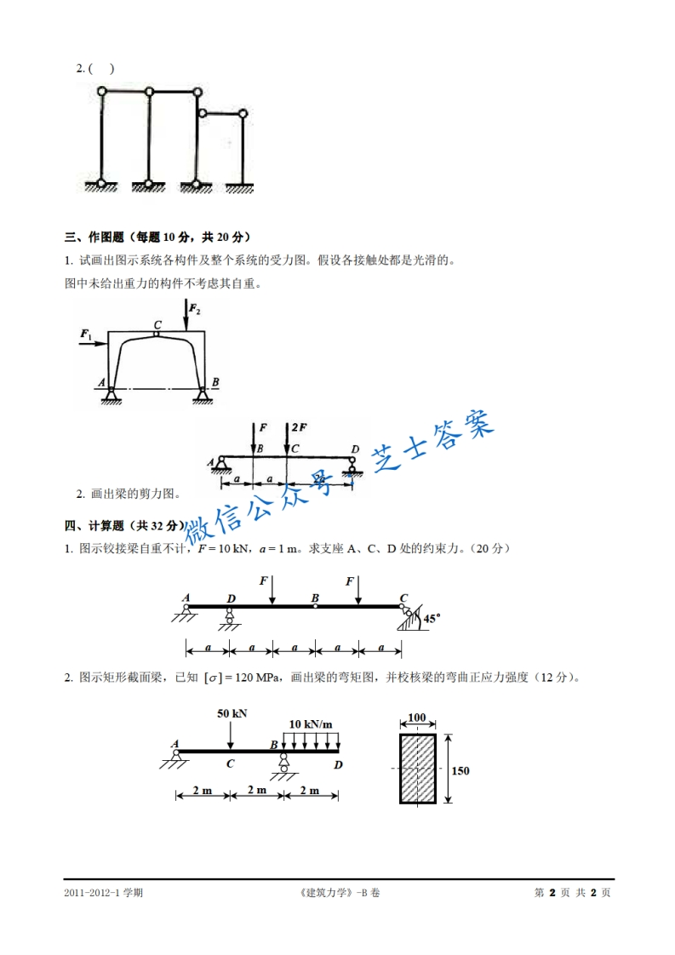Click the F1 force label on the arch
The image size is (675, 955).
(85, 335)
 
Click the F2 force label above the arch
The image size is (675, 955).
(196, 310)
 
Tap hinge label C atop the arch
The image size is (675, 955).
(157, 323)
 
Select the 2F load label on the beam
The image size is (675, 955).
(298, 426)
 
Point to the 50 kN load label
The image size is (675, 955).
(232, 713)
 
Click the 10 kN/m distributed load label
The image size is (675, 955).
(311, 723)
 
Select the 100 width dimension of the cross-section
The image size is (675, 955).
(416, 718)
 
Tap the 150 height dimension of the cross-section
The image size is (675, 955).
(460, 770)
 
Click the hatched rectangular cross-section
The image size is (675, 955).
(417, 769)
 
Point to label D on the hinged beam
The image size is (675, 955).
(231, 598)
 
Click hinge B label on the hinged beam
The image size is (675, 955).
(315, 598)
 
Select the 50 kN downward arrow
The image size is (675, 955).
(230, 735)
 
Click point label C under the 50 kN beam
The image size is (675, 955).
(230, 764)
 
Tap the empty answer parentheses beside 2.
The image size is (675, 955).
(100, 68)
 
